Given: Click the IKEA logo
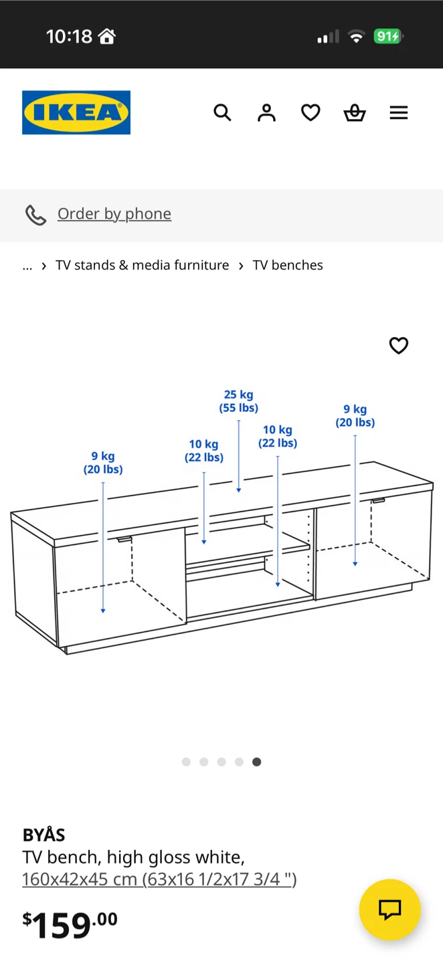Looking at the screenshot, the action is [x=76, y=112].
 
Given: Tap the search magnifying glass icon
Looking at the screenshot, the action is [x=222, y=112].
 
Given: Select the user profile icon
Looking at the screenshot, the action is [x=266, y=112].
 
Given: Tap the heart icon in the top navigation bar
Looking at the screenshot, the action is [x=311, y=112].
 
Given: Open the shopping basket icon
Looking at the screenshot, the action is [x=355, y=112].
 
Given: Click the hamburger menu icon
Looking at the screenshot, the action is [x=399, y=112].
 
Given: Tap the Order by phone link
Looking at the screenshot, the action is [x=114, y=214].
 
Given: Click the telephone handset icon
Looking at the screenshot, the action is [x=35, y=215].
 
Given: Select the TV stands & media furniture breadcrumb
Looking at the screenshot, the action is [x=142, y=265].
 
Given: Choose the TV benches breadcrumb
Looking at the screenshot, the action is [x=288, y=265].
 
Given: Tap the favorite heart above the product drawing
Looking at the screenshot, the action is [x=399, y=345].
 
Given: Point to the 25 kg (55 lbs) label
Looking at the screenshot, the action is [x=239, y=401].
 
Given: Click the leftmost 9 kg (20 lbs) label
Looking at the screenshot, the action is [x=103, y=463].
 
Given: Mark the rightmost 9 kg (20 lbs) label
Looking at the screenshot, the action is [x=355, y=416].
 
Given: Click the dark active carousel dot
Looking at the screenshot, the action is [x=257, y=762].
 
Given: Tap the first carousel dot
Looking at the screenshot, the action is [x=186, y=762].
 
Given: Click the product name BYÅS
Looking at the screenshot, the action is [x=44, y=835].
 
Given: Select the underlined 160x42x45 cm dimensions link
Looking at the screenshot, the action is [x=159, y=879].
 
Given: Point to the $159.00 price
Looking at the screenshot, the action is [x=70, y=924].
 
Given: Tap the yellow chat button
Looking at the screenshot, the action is [x=389, y=909].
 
